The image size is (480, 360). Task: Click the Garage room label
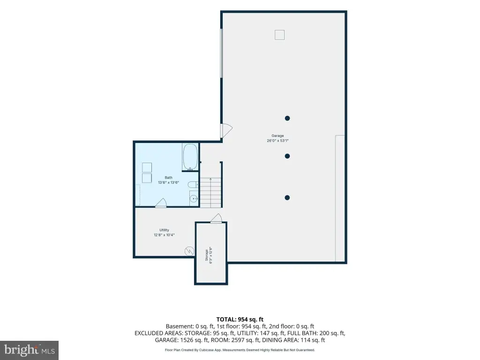point(277,135)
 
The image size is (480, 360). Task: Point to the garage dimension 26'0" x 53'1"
point(277,141)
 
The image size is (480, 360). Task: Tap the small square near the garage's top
point(279,35)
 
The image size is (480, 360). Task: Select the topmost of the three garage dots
point(287,118)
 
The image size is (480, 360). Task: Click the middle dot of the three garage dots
point(287,156)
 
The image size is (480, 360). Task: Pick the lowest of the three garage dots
point(287,198)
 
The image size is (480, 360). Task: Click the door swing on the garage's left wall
point(226,130)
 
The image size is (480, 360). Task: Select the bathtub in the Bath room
point(190,157)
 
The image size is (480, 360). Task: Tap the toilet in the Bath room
point(193,185)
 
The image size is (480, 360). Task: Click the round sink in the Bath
point(194,199)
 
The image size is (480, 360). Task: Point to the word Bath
point(168,178)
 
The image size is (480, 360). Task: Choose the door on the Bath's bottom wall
point(161,203)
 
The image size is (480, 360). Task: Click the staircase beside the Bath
point(210,192)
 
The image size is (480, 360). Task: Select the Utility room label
point(164,230)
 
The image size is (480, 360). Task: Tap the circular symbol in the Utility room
point(189,251)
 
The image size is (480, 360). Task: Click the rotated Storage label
point(207,255)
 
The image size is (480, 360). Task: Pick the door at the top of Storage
point(216,218)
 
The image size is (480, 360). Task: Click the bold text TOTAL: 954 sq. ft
point(240,320)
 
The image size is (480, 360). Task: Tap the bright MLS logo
point(29,350)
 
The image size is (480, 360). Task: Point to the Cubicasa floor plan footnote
point(240,350)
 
